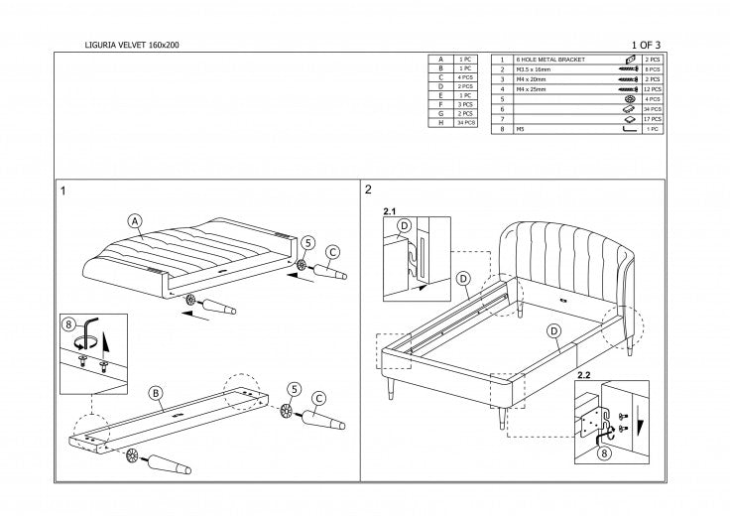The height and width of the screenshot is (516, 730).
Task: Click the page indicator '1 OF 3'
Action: (x=645, y=46)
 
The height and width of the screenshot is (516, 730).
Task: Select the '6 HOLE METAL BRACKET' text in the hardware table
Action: (x=550, y=61)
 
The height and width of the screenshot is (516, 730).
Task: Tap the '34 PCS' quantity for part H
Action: (x=467, y=122)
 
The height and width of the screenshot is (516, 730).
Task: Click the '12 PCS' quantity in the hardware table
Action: (x=653, y=89)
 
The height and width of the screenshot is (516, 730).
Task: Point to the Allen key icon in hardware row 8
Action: (x=628, y=129)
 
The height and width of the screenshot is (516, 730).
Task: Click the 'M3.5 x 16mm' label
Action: (x=537, y=70)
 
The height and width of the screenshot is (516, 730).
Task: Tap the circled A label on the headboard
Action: (x=136, y=221)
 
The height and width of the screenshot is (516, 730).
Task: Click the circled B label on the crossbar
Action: (x=156, y=392)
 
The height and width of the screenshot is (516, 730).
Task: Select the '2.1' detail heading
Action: (x=389, y=212)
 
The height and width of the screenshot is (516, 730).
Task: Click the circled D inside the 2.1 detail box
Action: (x=404, y=226)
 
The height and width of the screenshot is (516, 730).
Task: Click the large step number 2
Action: (x=369, y=189)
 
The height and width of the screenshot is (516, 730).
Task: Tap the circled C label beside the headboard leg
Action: (x=332, y=251)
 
